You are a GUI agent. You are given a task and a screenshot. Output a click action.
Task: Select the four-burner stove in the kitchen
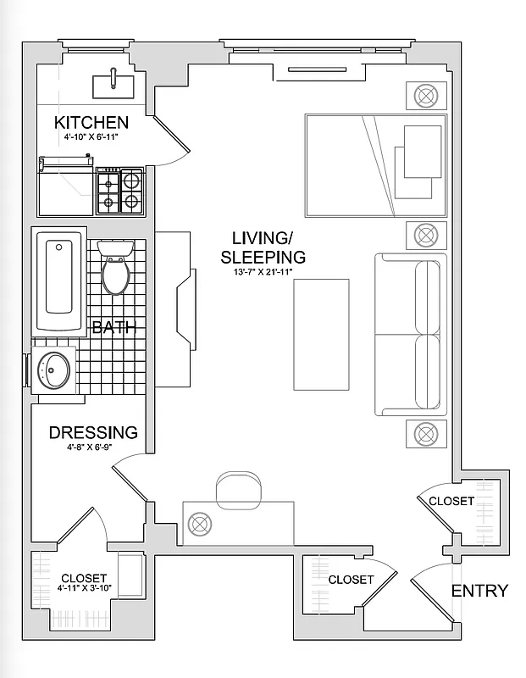[120, 191]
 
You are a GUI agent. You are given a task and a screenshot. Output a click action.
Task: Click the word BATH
[113, 328]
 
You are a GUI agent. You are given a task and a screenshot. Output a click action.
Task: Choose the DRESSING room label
[93, 432]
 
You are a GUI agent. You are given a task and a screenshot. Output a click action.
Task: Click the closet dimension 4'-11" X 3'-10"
[84, 587]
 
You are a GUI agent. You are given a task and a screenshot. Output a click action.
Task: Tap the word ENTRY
[479, 591]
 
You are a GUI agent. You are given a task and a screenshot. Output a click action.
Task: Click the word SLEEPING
[263, 257]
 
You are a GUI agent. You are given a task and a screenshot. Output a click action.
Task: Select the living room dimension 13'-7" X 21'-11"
[263, 271]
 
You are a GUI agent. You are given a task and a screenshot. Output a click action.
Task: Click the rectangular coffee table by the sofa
[321, 335]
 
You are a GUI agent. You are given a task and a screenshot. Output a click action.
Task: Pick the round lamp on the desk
[200, 523]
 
